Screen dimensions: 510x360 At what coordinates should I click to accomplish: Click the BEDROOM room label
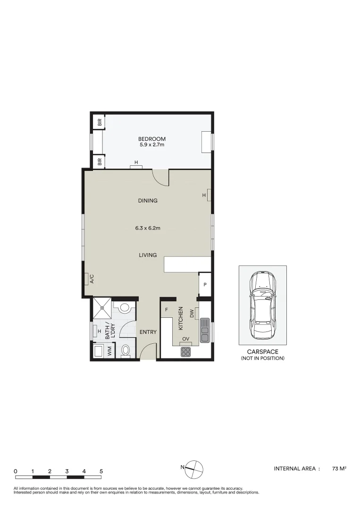point(151,139)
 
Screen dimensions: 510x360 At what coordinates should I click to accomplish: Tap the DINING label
point(148,201)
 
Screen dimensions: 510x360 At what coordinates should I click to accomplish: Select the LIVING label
point(148,255)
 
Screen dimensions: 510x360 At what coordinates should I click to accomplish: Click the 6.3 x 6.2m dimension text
point(148,228)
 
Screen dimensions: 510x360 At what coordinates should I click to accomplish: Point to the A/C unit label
point(92,279)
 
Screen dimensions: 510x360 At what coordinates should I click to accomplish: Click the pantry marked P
point(205,285)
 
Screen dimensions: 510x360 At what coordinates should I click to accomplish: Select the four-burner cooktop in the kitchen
point(185,352)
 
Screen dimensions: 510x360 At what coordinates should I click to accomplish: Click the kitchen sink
point(205,330)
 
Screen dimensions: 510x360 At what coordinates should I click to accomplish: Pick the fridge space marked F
point(167,310)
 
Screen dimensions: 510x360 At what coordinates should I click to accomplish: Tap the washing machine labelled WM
point(109,351)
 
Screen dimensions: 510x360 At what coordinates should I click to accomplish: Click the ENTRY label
point(148,332)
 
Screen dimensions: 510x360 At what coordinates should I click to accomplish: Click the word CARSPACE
point(262,352)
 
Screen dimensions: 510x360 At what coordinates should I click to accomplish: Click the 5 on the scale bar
point(101,471)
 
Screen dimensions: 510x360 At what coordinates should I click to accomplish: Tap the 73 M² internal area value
point(339,468)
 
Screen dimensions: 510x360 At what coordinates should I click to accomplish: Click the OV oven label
point(186,339)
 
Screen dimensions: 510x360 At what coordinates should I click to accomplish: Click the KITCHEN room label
point(180,318)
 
